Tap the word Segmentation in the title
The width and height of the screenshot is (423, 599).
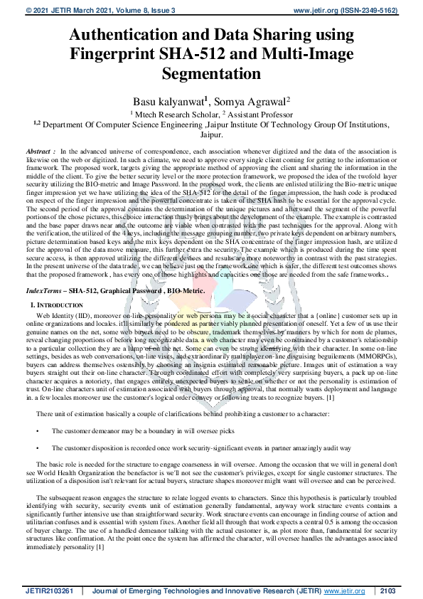click(x=211, y=73)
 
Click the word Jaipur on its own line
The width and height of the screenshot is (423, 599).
click(x=211, y=133)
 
